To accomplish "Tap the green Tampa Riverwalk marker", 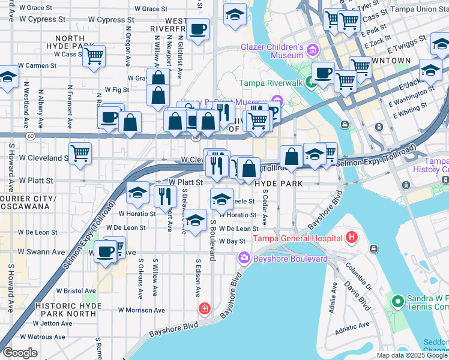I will [310, 82].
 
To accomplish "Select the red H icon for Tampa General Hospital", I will [352, 238].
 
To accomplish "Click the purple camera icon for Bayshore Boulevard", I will [244, 258].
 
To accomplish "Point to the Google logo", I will [19, 353].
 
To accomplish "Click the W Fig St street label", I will [117, 89].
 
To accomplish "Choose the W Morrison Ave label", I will [141, 310].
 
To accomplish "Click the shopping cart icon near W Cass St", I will [94, 56].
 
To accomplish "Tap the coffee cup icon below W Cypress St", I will [197, 29].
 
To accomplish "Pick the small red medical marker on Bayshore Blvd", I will [205, 308].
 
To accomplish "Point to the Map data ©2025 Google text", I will [412, 355].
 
